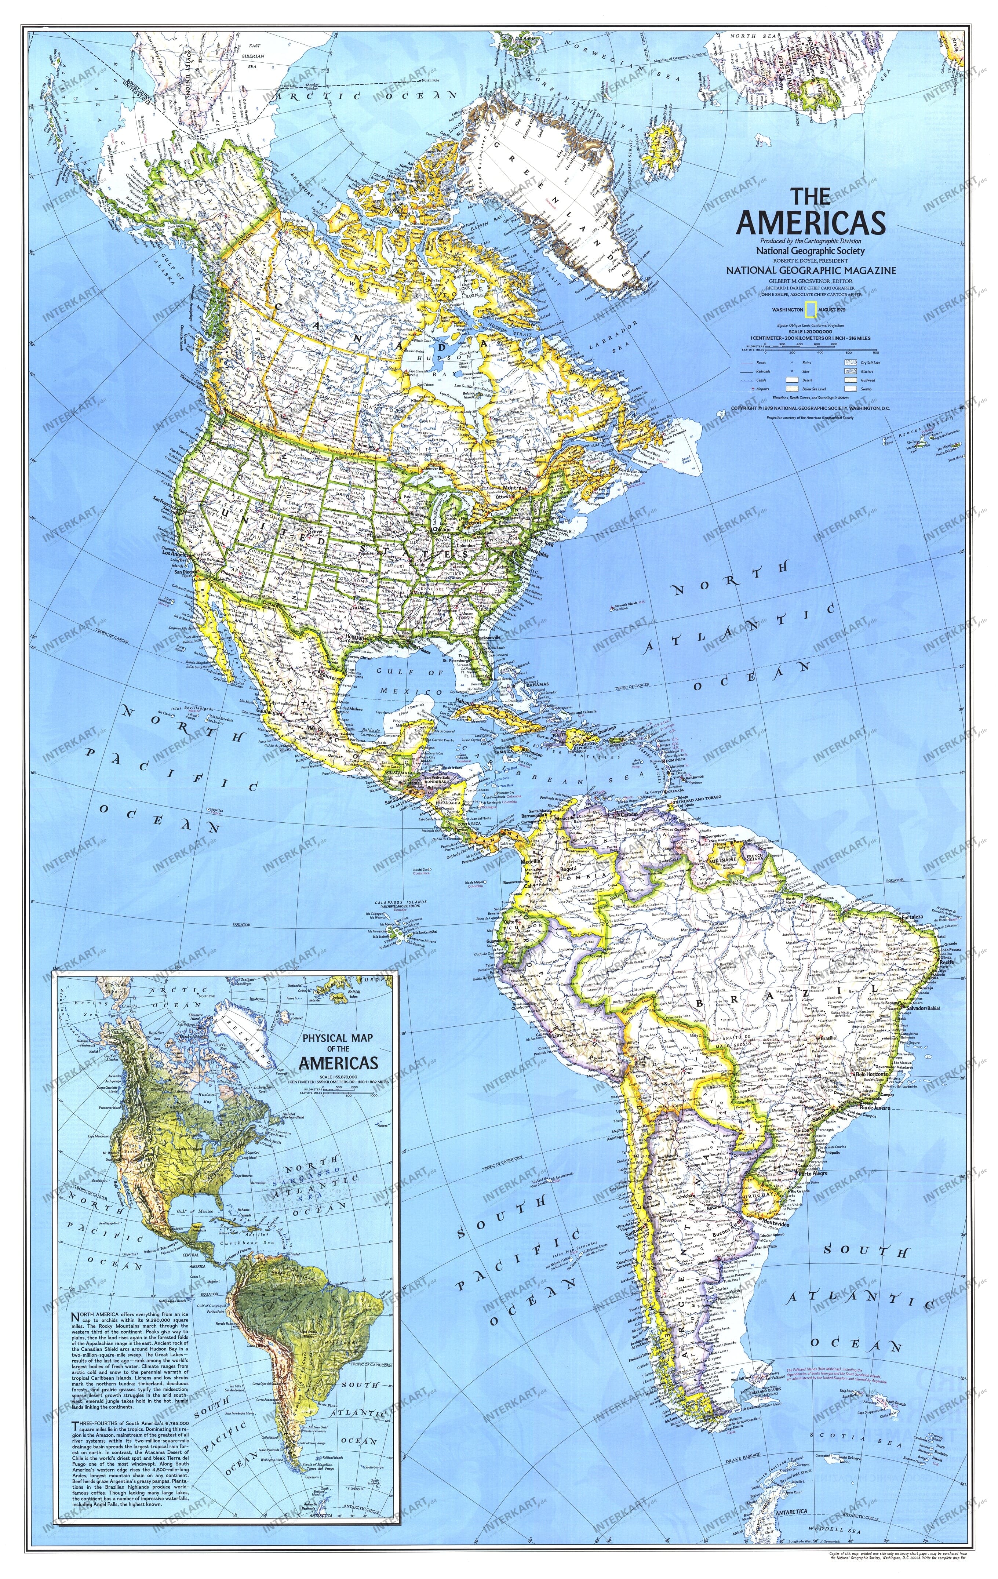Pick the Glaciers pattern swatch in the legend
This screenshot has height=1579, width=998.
[851, 371]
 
